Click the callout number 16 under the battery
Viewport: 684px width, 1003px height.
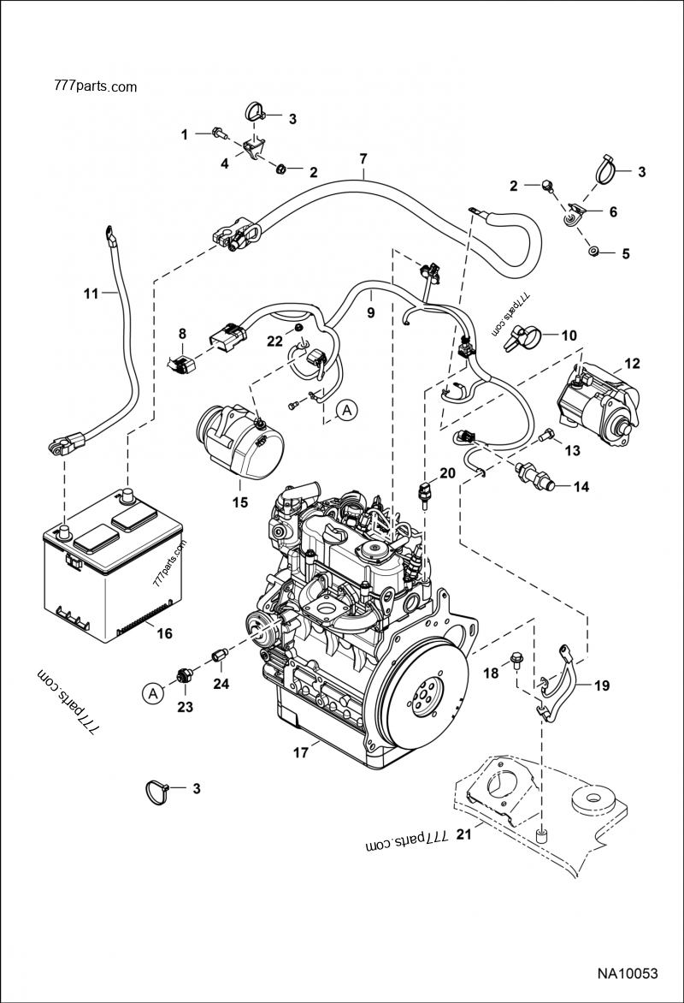[x=163, y=633]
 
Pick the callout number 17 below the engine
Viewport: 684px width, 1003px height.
[x=299, y=754]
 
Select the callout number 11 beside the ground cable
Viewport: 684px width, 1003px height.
[x=91, y=293]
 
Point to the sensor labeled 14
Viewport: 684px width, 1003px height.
[x=534, y=475]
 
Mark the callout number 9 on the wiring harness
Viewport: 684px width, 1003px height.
[x=371, y=313]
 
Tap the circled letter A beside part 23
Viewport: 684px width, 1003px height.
[x=152, y=693]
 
